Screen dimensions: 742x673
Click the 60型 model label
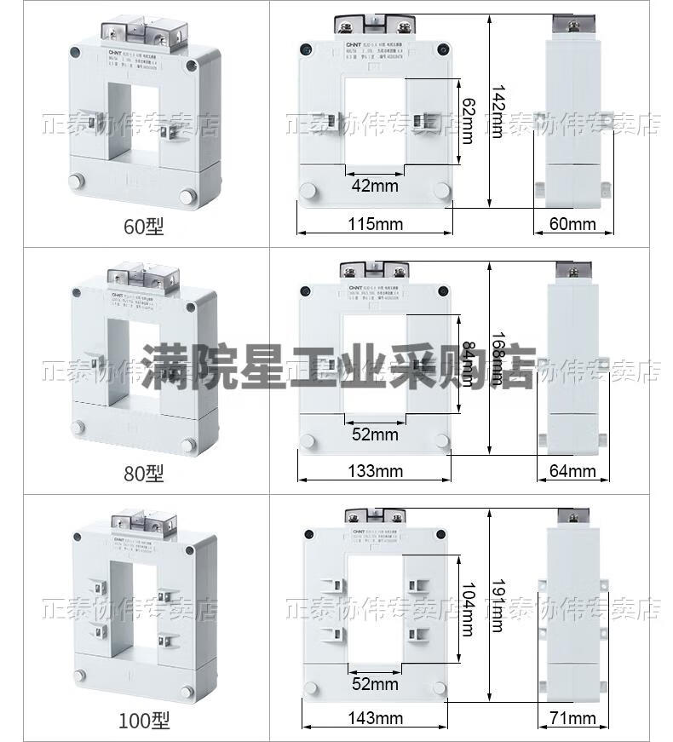[x=143, y=227]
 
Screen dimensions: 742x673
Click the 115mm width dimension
[x=375, y=225]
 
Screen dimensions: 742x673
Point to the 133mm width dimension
[x=376, y=471]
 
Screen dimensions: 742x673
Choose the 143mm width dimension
[x=376, y=719]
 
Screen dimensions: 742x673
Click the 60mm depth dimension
[x=572, y=225]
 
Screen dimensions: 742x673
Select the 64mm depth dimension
[x=572, y=471]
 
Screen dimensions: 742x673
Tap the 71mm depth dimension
[x=572, y=719]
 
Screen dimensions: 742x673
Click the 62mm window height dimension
[x=467, y=119]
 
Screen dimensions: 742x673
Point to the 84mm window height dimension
[x=467, y=362]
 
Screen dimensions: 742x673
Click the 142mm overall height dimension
[x=498, y=111]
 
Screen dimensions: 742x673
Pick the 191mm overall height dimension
[x=498, y=606]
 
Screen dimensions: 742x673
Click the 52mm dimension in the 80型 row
[x=375, y=435]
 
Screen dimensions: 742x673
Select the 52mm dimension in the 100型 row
[x=375, y=684]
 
